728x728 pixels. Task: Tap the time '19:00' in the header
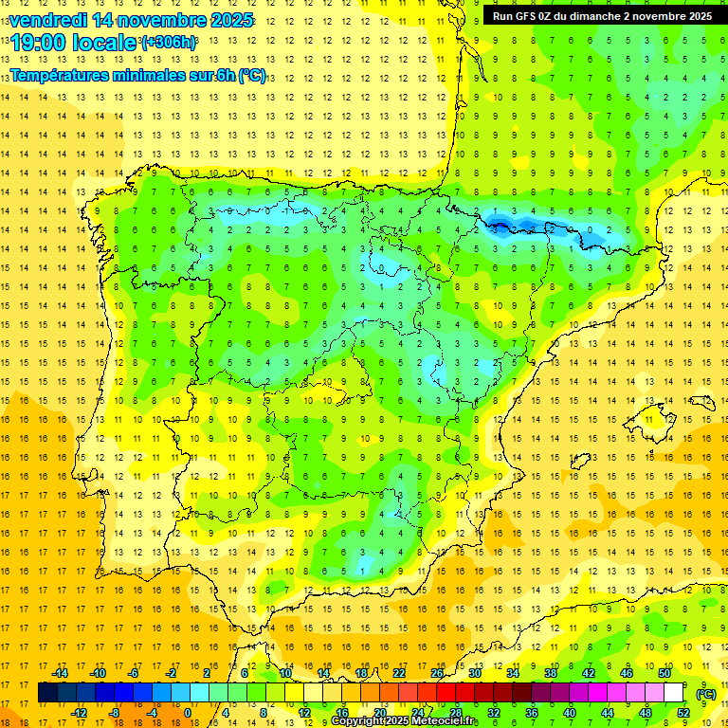[39, 43]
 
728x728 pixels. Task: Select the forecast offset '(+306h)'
[169, 43]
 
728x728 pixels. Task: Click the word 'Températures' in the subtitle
[68, 76]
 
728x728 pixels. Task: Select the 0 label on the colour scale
[188, 713]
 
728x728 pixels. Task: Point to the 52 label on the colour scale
[682, 713]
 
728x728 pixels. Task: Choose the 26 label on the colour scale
[437, 673]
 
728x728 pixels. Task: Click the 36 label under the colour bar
[531, 713]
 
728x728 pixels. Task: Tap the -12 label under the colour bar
[79, 713]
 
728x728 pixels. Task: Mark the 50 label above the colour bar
[664, 673]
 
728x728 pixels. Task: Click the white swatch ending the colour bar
[674, 693]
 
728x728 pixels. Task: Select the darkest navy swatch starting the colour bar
[47, 693]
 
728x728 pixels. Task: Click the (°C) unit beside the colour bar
[705, 694]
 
